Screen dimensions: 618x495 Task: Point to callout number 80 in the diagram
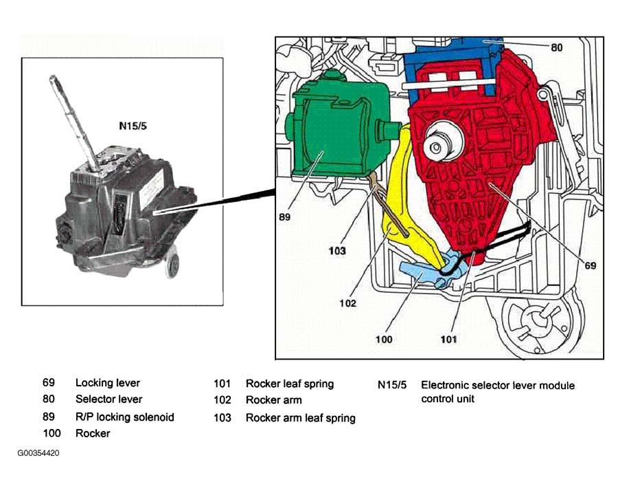coord(556,47)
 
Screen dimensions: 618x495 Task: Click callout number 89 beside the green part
coord(284,217)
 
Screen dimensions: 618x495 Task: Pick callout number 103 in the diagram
coord(337,251)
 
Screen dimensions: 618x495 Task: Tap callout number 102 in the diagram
coord(347,303)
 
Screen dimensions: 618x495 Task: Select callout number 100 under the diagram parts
coord(384,340)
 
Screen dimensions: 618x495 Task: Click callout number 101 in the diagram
coord(448,340)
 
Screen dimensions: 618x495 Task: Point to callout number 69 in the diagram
coord(590,265)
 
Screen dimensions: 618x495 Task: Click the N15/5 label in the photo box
coord(133,126)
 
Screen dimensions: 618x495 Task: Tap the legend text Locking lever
coord(108,383)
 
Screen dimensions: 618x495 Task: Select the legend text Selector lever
coord(108,399)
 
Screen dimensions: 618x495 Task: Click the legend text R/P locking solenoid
coord(124,417)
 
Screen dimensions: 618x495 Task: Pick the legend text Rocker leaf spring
coord(290,384)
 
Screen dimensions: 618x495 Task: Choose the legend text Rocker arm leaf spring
coord(300,417)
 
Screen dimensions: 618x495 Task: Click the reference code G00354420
coord(38,453)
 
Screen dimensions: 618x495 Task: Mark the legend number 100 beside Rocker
coord(51,433)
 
